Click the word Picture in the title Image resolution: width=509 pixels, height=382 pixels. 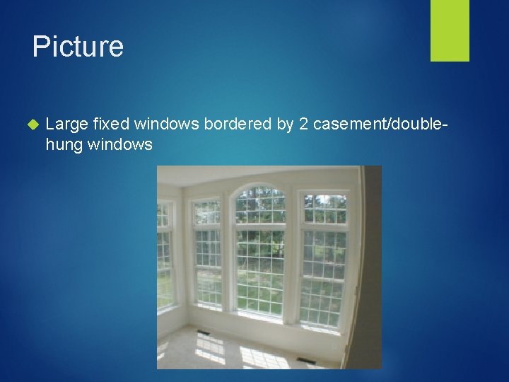(78, 47)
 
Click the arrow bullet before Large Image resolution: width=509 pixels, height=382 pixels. (30, 125)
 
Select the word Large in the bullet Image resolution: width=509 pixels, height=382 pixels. (66, 125)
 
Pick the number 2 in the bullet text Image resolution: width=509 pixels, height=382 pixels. (303, 125)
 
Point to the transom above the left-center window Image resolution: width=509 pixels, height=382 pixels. (206, 210)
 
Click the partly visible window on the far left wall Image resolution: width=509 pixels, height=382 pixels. (165, 255)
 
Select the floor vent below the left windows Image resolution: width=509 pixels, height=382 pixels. (204, 332)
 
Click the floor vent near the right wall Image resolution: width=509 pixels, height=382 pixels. (307, 360)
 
